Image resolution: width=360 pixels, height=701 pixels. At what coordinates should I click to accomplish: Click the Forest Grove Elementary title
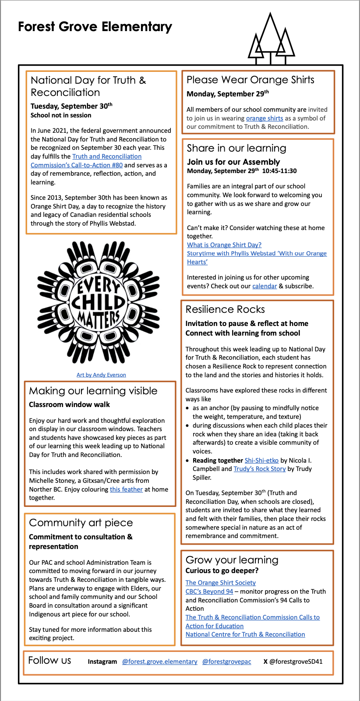95,27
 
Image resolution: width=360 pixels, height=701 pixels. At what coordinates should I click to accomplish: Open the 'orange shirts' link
265,118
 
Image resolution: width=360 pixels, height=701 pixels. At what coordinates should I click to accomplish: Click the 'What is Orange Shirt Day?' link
224,245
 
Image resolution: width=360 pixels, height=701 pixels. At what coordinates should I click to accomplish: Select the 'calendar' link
265,286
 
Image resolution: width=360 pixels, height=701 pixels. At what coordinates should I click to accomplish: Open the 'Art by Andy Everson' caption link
101,375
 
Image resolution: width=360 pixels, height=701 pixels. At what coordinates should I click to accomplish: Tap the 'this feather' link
126,489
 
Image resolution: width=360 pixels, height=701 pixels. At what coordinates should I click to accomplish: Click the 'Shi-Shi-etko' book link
261,460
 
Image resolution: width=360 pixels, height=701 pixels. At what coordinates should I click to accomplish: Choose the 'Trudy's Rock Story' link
260,469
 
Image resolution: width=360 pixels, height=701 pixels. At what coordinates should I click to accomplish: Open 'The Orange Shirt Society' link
221,583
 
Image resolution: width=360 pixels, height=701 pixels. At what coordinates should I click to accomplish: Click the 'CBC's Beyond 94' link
209,591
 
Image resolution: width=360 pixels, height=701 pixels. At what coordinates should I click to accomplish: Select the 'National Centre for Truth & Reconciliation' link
245,634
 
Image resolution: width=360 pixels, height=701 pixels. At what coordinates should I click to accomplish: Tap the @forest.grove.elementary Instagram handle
160,662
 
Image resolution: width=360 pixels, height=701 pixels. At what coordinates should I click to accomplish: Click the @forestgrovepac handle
227,662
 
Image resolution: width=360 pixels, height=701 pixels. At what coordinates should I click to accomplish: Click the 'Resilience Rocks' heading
225,309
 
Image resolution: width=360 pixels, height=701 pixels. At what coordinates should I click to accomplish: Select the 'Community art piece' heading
81,523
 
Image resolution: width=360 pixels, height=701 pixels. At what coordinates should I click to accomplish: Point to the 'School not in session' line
61,115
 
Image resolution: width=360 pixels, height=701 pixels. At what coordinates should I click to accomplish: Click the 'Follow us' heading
49,660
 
